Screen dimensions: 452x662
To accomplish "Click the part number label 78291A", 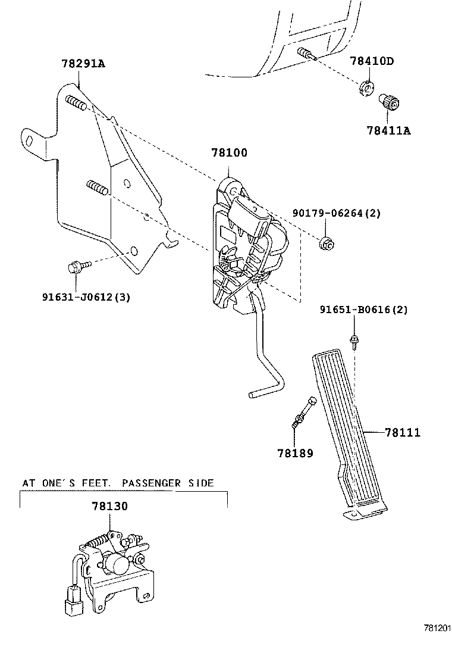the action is (x=83, y=64).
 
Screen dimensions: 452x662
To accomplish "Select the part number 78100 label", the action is (x=230, y=153).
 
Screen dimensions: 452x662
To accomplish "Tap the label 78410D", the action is (x=372, y=61).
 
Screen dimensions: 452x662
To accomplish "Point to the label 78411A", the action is (x=388, y=130).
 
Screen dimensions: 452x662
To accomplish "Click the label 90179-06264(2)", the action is (x=337, y=213).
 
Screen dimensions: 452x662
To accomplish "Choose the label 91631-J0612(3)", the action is (x=86, y=297).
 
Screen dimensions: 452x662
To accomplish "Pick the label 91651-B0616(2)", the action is (x=363, y=310).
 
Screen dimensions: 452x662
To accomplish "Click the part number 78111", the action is (x=402, y=433).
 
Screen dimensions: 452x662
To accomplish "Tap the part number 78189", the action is (x=295, y=454).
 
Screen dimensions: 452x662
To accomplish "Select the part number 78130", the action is (x=109, y=506).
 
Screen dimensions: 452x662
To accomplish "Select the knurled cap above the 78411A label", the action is (x=390, y=102).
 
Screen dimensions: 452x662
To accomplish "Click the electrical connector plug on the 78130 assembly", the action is (x=73, y=599).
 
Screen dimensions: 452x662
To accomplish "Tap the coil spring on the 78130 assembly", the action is (x=101, y=541).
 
